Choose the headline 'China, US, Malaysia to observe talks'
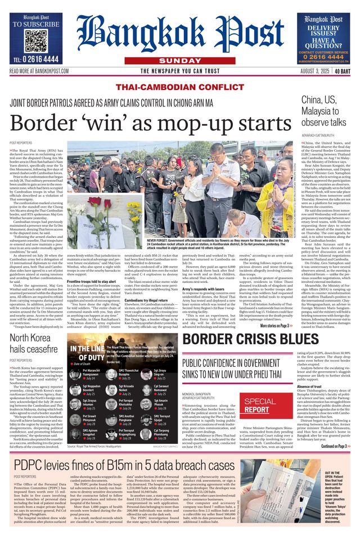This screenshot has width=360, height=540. tap(323, 111)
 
